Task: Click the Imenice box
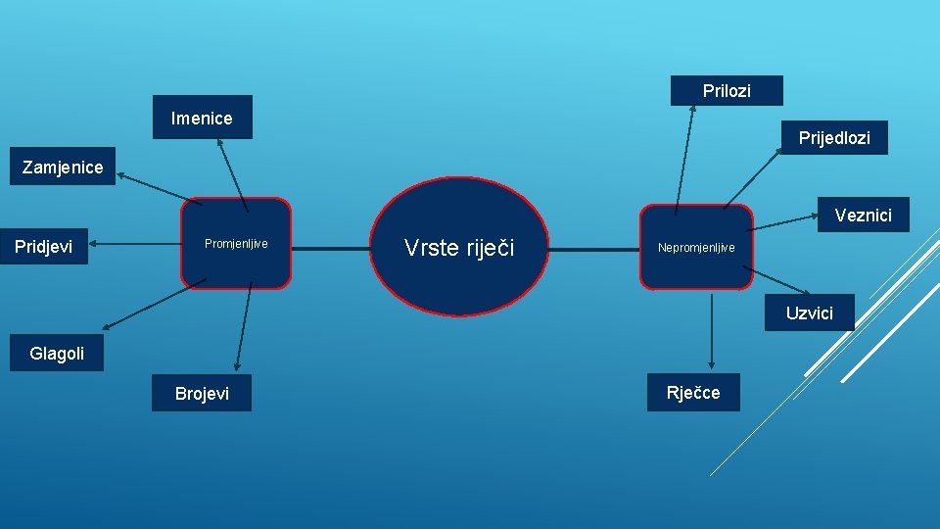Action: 202,118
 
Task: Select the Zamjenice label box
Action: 63,167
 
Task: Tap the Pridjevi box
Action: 44,247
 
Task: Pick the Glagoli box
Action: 57,354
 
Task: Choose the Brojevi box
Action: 202,393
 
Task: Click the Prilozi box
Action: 727,90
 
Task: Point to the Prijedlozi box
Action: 834,138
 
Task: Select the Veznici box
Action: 863,216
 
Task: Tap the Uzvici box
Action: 810,313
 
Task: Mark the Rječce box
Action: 693,392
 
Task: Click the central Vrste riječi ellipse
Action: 459,247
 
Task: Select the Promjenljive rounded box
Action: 236,244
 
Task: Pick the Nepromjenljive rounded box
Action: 696,247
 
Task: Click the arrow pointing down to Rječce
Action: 712,329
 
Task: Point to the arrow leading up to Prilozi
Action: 683,157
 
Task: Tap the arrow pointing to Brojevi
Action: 243,329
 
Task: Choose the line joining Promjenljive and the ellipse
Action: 331,248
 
